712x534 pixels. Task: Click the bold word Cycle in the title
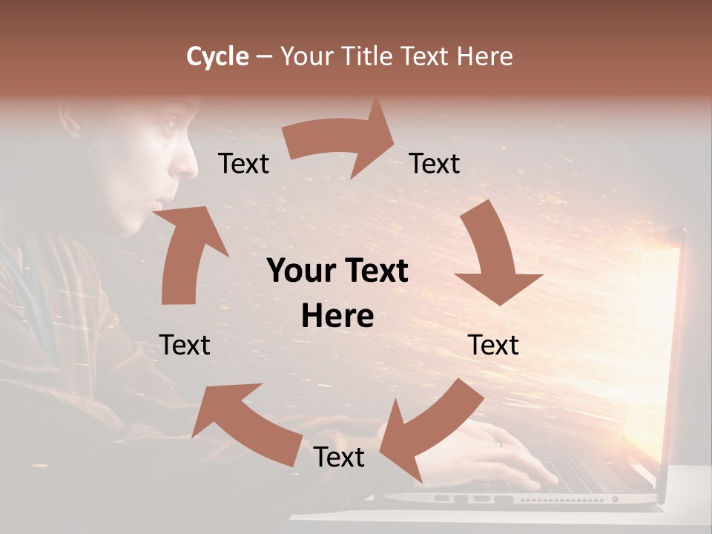tap(217, 56)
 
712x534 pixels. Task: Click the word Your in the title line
tap(307, 56)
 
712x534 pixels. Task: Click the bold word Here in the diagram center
tap(337, 316)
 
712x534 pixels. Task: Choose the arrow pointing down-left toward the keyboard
tap(426, 430)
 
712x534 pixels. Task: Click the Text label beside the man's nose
tap(243, 163)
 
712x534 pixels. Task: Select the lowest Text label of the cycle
tap(339, 457)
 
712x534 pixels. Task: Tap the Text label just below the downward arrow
tap(493, 345)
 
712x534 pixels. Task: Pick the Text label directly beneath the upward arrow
tap(185, 345)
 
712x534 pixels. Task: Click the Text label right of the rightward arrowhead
tap(435, 163)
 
